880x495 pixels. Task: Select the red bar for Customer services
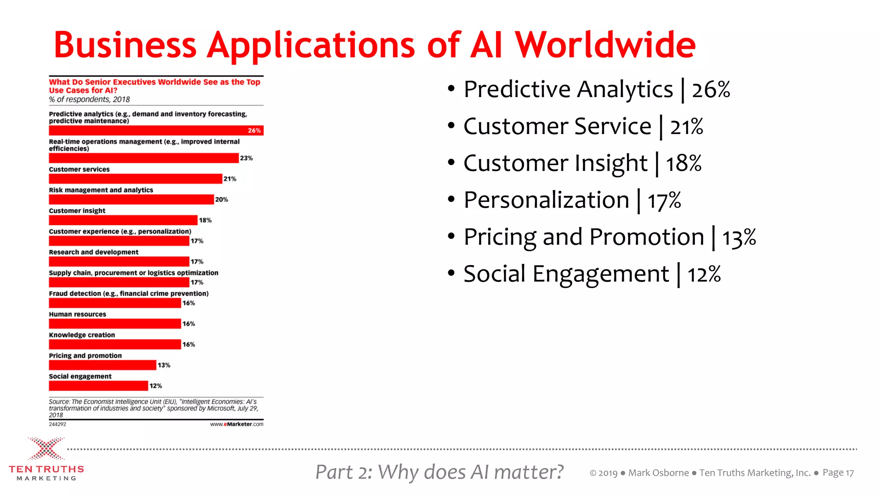[135, 179]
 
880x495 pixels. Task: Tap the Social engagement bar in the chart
[98, 386]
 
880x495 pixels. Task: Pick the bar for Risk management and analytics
[131, 199]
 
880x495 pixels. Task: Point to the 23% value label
[246, 158]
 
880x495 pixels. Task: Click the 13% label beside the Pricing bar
[164, 365]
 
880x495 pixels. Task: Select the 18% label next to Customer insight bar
[205, 220]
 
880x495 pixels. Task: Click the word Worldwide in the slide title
[605, 45]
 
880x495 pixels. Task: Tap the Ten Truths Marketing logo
[46, 459]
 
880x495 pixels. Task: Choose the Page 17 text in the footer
[838, 473]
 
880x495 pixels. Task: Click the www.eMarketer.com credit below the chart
[236, 424]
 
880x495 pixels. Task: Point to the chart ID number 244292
[58, 424]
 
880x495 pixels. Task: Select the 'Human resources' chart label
[77, 315]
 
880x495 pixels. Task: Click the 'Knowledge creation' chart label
[82, 335]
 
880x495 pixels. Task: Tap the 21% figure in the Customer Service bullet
[686, 127]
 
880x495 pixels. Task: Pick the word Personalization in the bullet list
[546, 200]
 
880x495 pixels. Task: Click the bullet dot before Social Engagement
[451, 273]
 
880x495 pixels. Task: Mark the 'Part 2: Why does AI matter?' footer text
[439, 472]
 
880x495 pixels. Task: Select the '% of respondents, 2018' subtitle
[89, 99]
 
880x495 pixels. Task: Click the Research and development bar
[119, 262]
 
